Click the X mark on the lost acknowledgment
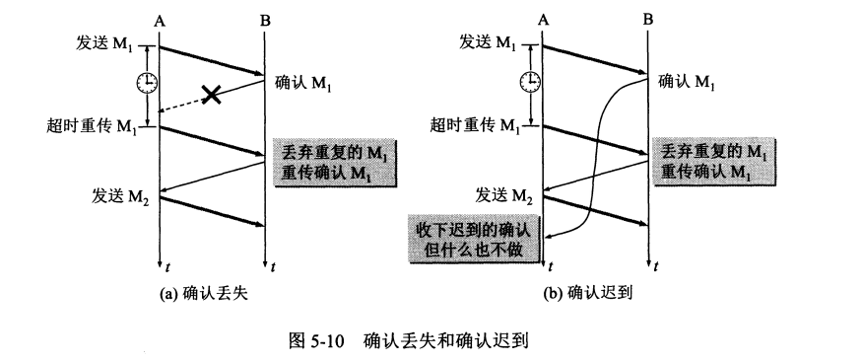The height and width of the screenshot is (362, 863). [x=210, y=95]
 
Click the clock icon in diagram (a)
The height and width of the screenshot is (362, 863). [x=146, y=82]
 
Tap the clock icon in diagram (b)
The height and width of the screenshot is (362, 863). [x=531, y=81]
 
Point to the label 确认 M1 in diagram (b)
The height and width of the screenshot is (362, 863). [x=687, y=82]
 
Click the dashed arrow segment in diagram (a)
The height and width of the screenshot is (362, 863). [x=182, y=106]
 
